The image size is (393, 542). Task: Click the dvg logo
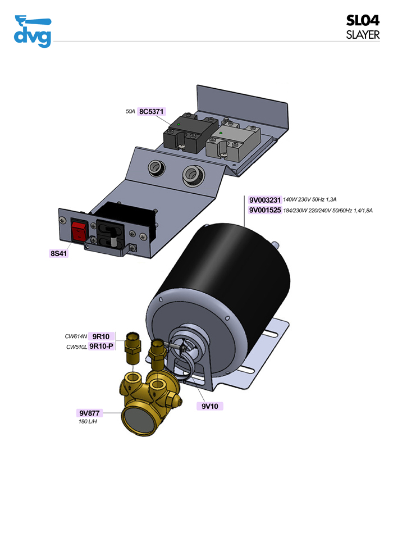coord(33,32)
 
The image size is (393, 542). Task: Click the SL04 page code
coord(363,21)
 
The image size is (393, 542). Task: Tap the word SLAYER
coord(363,34)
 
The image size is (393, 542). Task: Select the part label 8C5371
coord(151,112)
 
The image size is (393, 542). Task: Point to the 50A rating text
coord(130,112)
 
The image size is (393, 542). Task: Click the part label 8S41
coord(58,253)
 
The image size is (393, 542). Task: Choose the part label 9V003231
coord(264,199)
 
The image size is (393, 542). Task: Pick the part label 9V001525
coord(264,210)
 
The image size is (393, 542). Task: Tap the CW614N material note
coord(76,336)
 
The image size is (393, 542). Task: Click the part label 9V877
coord(89,413)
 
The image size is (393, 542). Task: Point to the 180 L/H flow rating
coord(88,421)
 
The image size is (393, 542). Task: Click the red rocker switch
coord(79,230)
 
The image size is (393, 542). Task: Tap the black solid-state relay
coord(183,134)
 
